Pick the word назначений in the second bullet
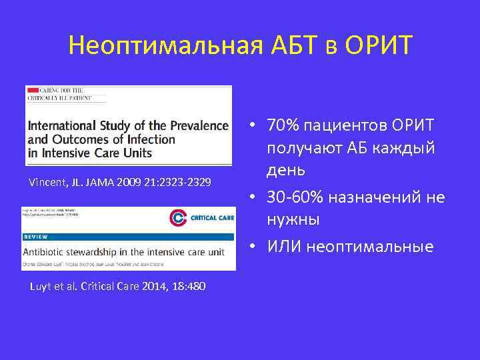click(x=380, y=197)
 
